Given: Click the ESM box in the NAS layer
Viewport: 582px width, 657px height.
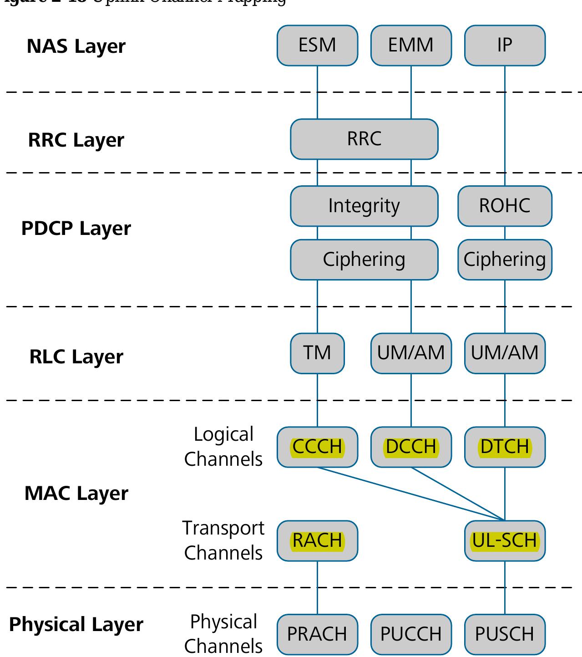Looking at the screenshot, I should [x=317, y=45].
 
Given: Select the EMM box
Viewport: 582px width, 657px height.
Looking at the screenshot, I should [x=411, y=45].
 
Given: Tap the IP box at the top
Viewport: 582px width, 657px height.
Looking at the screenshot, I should [x=505, y=45].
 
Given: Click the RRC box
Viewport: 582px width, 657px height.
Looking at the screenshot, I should [x=364, y=139].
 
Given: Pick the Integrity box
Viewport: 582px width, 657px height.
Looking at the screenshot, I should [x=364, y=206].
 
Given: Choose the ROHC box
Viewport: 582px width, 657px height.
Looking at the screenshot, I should [x=505, y=206].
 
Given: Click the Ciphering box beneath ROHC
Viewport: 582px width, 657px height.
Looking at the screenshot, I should [x=505, y=260].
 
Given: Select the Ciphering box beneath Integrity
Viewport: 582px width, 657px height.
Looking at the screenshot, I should [x=364, y=260].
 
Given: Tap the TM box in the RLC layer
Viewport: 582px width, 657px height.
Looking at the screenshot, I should [x=317, y=353].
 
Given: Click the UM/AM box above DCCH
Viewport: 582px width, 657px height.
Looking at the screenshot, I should [x=411, y=353].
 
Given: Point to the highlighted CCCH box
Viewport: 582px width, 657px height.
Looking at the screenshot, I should [x=317, y=447].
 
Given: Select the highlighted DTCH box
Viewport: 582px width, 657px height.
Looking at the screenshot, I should [x=505, y=447].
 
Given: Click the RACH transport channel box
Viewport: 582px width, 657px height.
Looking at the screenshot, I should [x=317, y=540].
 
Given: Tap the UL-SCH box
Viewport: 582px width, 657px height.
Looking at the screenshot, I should [x=505, y=540].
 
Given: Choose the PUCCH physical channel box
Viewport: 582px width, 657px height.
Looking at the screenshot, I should [x=411, y=634].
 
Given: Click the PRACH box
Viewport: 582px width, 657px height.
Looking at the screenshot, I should [x=317, y=634].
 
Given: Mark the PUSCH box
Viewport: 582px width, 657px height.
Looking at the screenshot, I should [x=505, y=634].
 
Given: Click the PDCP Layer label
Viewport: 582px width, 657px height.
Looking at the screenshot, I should [x=76, y=228].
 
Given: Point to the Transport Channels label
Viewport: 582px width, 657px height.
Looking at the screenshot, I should [x=223, y=540].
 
